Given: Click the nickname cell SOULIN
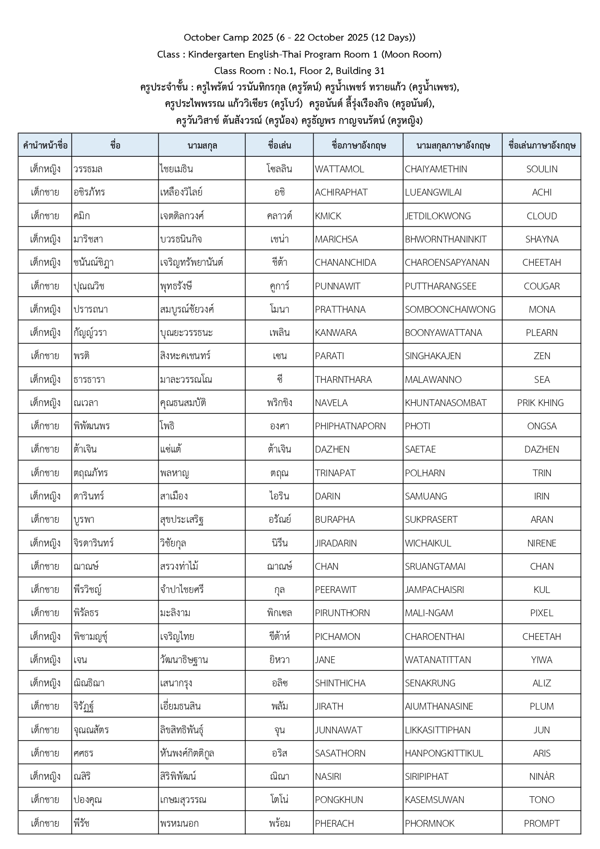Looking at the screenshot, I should coord(541,169).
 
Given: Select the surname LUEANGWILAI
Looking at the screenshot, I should coord(433,192).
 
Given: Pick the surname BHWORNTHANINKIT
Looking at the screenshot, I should coord(446,239).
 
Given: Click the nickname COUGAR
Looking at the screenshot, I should coord(541,286).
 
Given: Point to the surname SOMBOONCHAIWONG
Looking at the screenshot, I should coord(450,309).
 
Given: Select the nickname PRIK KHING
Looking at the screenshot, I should coord(540,403).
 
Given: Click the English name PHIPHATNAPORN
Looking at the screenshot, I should coord(350,426).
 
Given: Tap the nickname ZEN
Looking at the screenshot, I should coord(541,356).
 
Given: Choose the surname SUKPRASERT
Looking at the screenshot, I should coord(431,519).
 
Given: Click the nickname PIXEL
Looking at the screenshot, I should coord(541,613).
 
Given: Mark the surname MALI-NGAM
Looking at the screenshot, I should coord(429,613).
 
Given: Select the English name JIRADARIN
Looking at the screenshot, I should coord(336,543).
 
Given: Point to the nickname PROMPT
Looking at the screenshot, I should coord(541,823).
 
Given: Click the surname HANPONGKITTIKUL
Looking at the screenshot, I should coord(444,753).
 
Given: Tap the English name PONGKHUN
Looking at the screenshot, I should coord(339,800).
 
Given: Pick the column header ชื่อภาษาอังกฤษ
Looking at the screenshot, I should coord(359,145).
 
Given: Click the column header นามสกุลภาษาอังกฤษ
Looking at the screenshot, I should coord(453,145).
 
